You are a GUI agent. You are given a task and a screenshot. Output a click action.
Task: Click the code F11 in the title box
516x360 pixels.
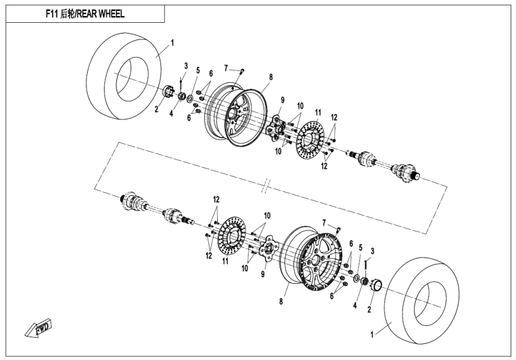(53, 14)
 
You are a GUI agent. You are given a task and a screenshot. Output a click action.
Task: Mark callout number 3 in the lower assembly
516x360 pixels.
(372, 251)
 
